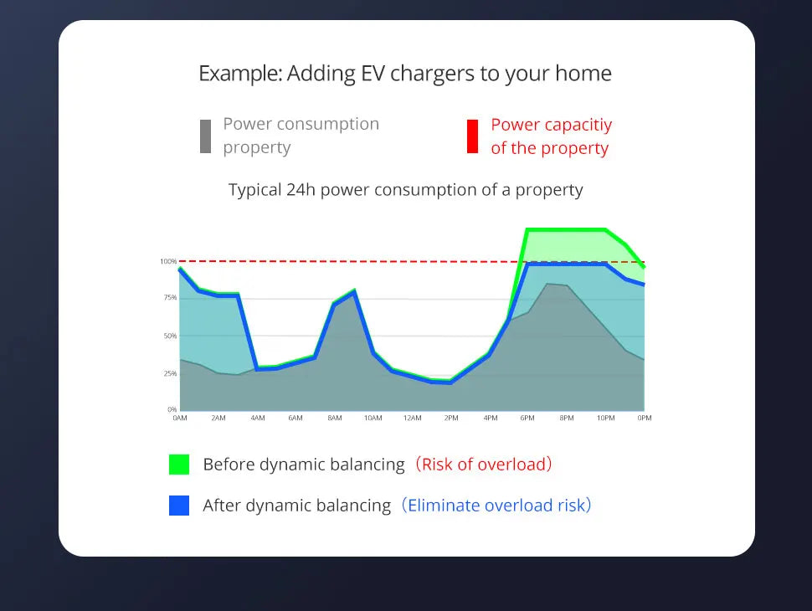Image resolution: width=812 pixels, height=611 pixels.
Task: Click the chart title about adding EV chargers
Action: tap(405, 74)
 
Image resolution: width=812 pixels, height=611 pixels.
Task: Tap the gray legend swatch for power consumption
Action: tap(205, 136)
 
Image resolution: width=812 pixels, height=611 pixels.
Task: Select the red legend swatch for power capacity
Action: tap(473, 136)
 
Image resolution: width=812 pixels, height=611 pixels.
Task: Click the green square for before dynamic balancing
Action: tap(179, 464)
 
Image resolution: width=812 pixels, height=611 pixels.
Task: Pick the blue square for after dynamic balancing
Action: tap(179, 506)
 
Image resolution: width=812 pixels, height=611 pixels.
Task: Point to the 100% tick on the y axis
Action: tap(168, 262)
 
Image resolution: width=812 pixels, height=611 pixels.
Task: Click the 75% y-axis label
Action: tap(169, 298)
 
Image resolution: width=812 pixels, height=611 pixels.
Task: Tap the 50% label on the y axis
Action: tap(169, 336)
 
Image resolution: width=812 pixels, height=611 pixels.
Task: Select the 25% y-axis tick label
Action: tap(169, 373)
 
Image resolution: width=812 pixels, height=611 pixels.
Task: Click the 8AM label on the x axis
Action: tap(334, 418)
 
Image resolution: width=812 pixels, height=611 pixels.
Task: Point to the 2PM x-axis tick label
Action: tap(450, 418)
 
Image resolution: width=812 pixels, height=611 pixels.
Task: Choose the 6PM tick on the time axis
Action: tap(527, 418)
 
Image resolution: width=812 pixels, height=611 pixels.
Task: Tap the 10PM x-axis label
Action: tap(605, 418)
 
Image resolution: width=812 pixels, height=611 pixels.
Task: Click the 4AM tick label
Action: tap(257, 418)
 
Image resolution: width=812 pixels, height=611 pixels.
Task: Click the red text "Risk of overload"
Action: tap(486, 464)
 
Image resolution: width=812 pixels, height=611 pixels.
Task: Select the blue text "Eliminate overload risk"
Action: tap(499, 506)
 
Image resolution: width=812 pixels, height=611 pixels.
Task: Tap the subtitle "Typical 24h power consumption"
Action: tap(405, 190)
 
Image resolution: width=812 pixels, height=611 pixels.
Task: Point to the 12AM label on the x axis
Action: tap(412, 418)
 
